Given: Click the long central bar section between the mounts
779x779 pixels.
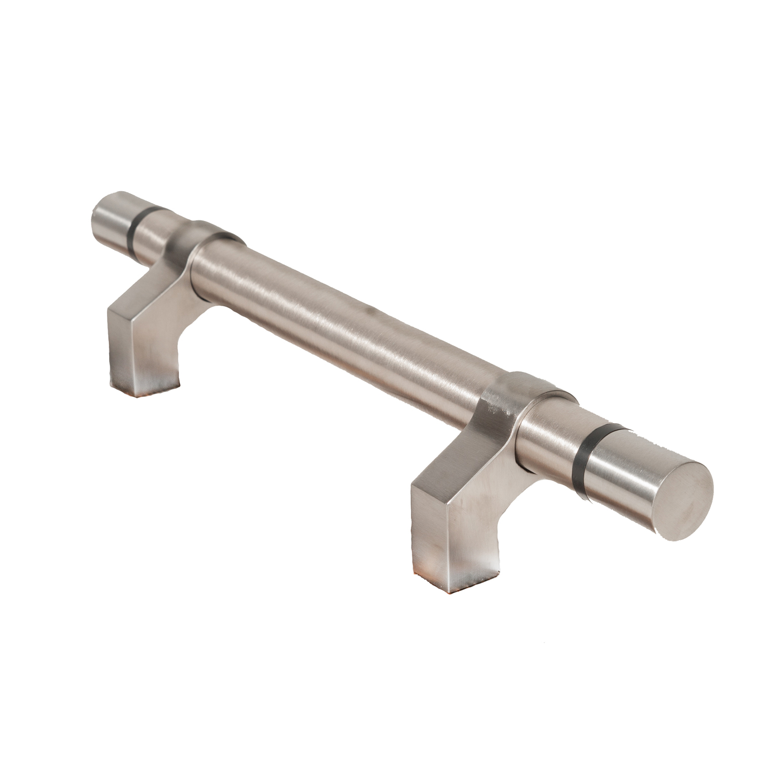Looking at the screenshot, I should pos(353,322).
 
